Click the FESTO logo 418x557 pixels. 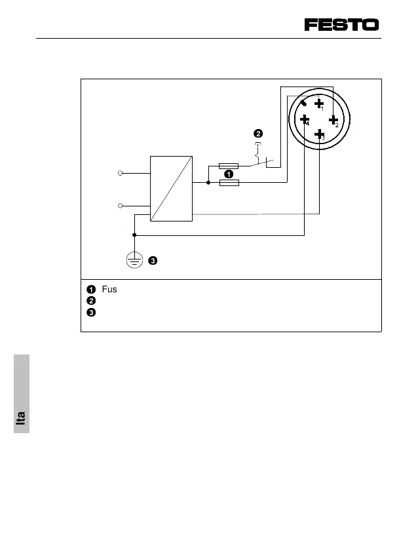point(341,25)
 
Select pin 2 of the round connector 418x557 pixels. point(333,120)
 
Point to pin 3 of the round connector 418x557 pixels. point(320,134)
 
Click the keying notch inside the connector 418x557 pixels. point(304,104)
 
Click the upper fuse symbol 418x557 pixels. point(228,166)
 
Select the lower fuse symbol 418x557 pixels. point(229,183)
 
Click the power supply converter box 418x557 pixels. point(171,189)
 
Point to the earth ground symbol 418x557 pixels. point(134,261)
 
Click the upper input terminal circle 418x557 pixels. point(121,173)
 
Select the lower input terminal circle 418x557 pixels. point(121,206)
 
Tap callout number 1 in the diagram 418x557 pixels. point(228,175)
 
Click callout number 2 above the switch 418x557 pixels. point(258,134)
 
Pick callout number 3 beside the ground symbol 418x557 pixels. point(152,261)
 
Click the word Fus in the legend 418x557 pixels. point(109,290)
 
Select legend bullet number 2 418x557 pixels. point(90,300)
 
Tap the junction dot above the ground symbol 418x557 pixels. point(134,235)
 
